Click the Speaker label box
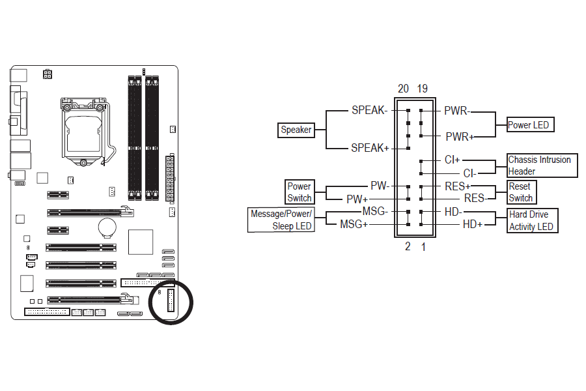(x=296, y=130)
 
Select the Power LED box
(x=530, y=125)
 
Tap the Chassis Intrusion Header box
(x=542, y=166)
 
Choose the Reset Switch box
(x=522, y=192)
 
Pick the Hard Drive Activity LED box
(x=533, y=221)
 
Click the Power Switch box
(x=300, y=192)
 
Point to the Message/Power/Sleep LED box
(x=281, y=220)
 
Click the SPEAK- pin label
(x=369, y=110)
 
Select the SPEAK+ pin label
(x=370, y=148)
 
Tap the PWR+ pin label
(x=459, y=137)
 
